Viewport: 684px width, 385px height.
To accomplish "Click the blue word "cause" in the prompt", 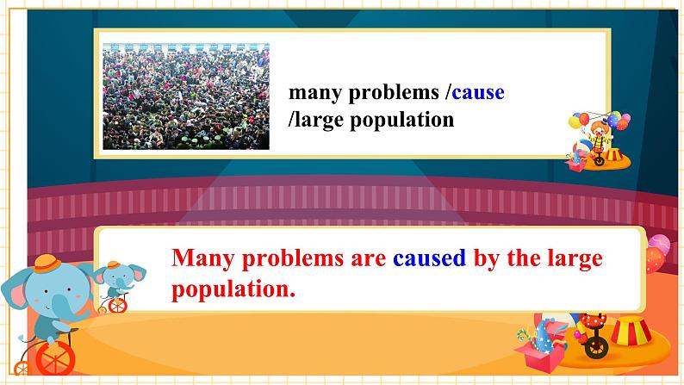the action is click(478, 92).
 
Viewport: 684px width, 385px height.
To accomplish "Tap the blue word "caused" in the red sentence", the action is click(429, 258).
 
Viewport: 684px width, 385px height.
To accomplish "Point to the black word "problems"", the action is click(394, 93).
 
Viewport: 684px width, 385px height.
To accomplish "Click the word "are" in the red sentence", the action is click(368, 259).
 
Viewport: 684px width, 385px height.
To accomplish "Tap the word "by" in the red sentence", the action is click(487, 259).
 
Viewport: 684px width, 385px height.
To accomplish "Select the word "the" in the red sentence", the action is click(523, 258).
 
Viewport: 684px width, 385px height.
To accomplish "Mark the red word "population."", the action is click(233, 289).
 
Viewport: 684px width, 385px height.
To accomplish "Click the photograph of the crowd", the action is click(186, 96).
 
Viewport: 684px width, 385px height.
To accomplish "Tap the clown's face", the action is click(599, 130).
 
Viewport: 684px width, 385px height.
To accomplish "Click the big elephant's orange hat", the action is click(47, 264).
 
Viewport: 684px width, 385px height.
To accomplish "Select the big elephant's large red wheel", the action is click(54, 358).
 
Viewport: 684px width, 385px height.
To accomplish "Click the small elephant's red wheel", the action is click(117, 306).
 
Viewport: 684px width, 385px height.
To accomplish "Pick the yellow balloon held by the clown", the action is click(575, 122).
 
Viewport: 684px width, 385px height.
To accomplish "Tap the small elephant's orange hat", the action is click(114, 264).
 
